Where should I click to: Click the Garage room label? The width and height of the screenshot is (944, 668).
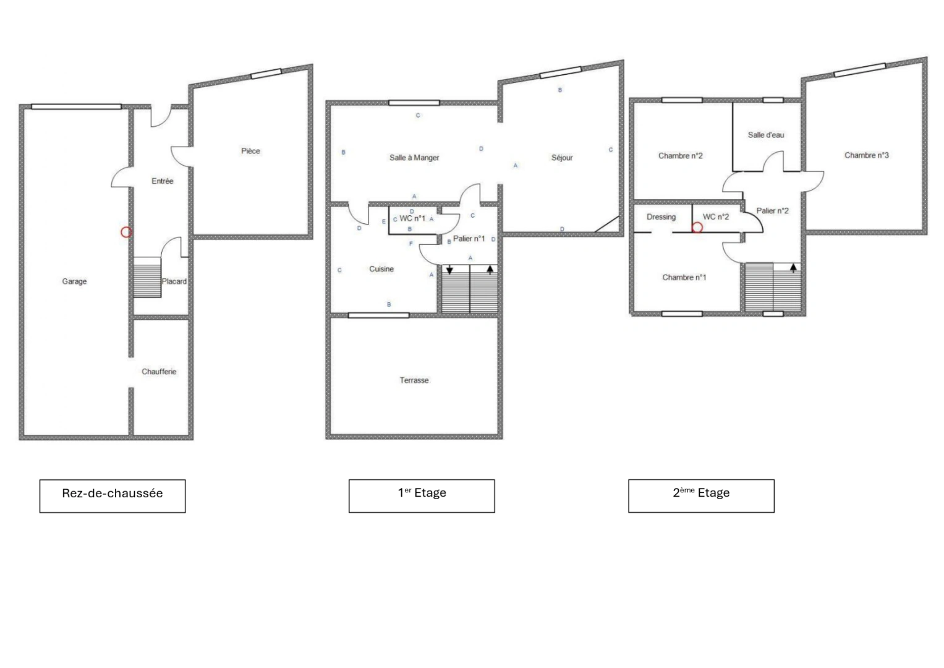(75, 281)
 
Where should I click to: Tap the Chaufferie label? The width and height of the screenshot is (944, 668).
(159, 372)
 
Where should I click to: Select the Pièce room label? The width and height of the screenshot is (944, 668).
(250, 151)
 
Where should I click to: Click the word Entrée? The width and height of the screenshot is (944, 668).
(162, 181)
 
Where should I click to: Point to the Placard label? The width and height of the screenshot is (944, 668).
(174, 281)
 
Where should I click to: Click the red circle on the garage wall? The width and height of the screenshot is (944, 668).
(126, 232)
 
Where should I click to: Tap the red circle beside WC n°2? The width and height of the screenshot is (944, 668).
(697, 228)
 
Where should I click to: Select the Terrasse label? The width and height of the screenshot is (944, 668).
(414, 380)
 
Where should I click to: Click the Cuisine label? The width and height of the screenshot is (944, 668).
(381, 269)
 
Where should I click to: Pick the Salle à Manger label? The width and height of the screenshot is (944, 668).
(414, 158)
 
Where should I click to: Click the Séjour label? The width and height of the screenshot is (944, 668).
(562, 158)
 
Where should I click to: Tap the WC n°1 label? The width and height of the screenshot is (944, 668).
(412, 218)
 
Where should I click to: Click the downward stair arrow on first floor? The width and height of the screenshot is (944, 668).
(449, 270)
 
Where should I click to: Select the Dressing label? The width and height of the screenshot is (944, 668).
(661, 216)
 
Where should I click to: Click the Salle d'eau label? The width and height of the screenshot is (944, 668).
(766, 135)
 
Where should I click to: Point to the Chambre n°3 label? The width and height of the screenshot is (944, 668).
(867, 155)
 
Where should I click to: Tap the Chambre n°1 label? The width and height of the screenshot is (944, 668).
(684, 278)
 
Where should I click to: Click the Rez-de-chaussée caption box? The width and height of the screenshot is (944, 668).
(113, 496)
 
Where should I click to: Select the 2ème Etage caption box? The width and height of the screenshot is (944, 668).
(701, 496)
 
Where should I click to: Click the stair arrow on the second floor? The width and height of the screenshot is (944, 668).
(794, 268)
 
